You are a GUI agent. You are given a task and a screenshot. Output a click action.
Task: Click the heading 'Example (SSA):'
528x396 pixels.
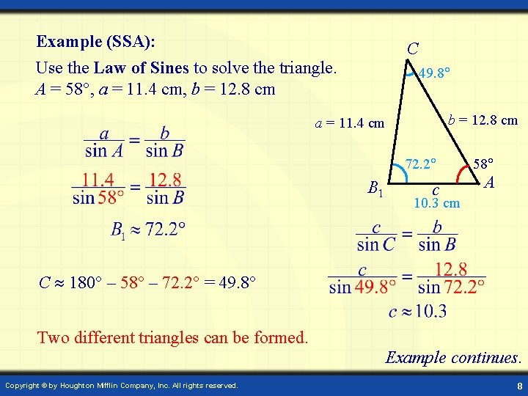click(95, 41)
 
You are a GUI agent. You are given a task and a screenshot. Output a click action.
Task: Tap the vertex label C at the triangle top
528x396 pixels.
click(413, 49)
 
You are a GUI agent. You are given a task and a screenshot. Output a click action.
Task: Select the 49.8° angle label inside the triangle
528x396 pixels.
click(434, 73)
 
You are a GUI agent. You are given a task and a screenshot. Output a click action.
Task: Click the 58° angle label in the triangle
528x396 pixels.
click(484, 162)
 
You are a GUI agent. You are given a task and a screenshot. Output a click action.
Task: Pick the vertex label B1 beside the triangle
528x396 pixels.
click(375, 190)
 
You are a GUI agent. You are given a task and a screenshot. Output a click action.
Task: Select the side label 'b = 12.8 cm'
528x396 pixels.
click(483, 120)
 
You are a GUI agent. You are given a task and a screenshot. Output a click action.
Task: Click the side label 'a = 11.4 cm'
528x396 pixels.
click(350, 123)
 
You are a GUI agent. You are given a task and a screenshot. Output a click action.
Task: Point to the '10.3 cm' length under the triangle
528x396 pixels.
click(436, 203)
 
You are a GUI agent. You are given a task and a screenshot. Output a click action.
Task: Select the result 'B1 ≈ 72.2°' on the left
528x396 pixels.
click(147, 230)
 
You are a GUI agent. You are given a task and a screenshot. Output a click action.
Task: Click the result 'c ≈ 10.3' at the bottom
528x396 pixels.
click(417, 312)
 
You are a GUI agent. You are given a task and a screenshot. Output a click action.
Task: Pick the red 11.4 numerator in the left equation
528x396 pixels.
click(97, 180)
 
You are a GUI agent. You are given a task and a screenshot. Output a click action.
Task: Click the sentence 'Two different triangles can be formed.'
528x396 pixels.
click(172, 337)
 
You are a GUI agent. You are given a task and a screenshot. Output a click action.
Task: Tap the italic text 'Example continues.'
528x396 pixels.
click(453, 358)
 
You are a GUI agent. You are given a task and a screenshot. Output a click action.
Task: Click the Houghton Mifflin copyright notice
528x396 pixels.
click(122, 385)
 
